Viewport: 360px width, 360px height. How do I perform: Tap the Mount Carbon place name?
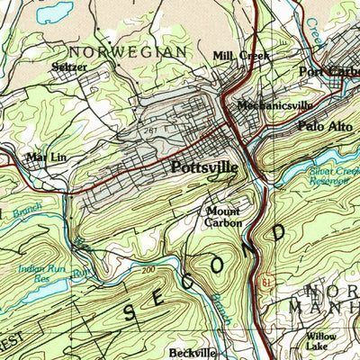pyautogui.click(x=222, y=217)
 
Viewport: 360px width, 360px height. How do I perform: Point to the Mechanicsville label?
pyautogui.click(x=274, y=105)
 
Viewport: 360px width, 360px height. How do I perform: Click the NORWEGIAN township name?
pyautogui.click(x=128, y=52)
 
